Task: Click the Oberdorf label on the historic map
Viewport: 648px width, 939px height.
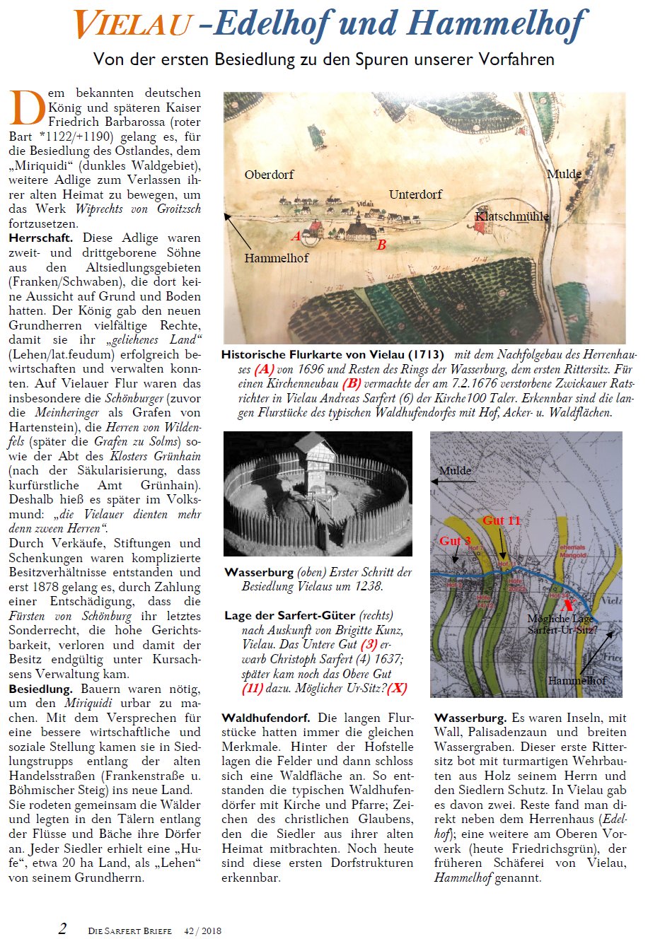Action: pyautogui.click(x=269, y=175)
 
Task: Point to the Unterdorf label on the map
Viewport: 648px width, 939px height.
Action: pyautogui.click(x=416, y=194)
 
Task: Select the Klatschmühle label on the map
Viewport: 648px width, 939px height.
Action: pyautogui.click(x=511, y=216)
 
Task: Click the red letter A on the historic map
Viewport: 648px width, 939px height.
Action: pyautogui.click(x=296, y=235)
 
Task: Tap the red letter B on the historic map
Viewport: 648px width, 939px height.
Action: pyautogui.click(x=381, y=245)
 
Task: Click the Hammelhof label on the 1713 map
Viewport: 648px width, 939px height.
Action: pyautogui.click(x=277, y=258)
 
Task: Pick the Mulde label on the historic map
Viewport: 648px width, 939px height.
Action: pyautogui.click(x=564, y=173)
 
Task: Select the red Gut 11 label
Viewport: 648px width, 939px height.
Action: pyautogui.click(x=502, y=520)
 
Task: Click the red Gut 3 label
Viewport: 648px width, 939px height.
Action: pyautogui.click(x=455, y=541)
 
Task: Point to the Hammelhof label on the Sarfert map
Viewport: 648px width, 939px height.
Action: pyautogui.click(x=577, y=680)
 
